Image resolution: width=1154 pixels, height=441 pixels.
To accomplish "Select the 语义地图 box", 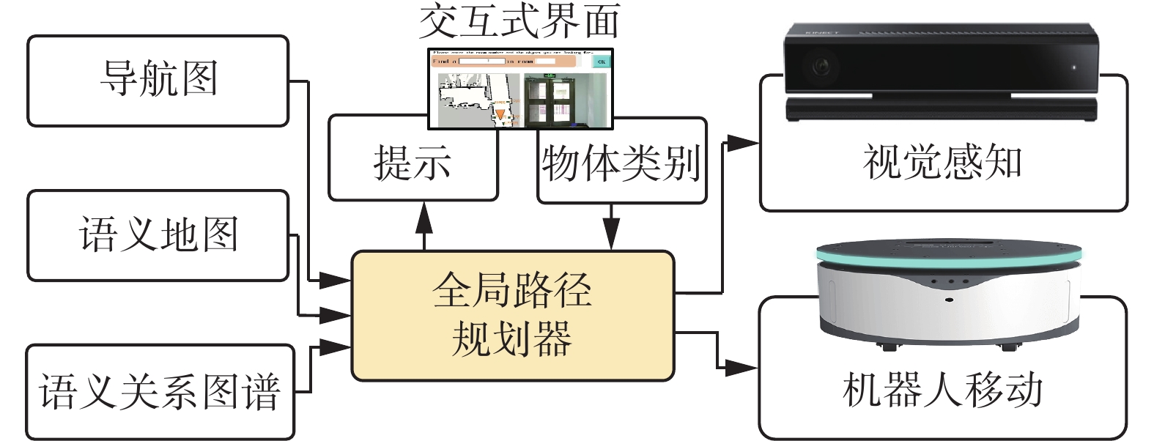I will click(158, 235).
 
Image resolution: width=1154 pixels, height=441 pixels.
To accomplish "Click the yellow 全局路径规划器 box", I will click(512, 316).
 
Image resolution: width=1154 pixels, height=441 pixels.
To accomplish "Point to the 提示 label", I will click(413, 163).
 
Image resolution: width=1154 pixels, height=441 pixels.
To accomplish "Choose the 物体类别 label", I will click(621, 163).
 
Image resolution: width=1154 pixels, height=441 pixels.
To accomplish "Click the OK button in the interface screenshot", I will click(601, 62).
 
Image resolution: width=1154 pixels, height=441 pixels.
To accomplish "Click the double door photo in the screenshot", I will click(550, 101).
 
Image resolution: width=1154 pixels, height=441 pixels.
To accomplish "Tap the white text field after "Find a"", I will click(481, 62).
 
